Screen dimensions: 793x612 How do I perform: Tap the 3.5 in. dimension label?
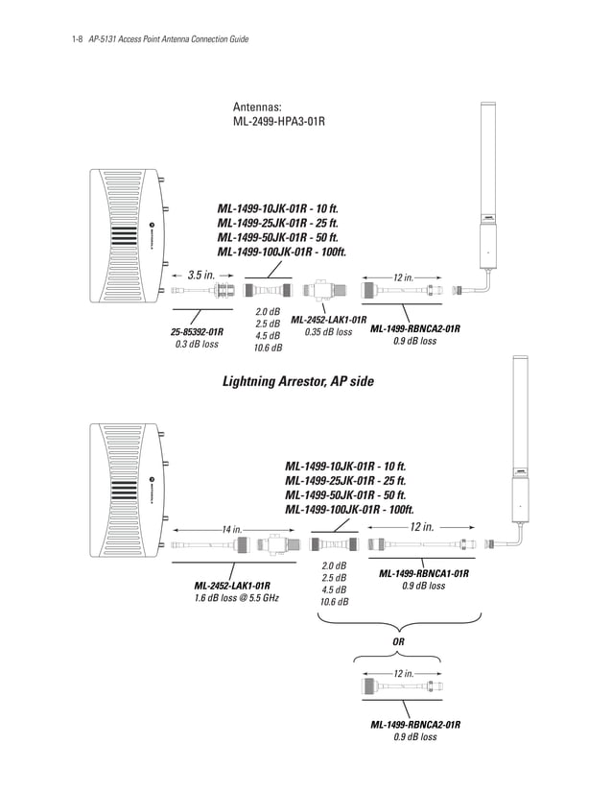click(x=200, y=275)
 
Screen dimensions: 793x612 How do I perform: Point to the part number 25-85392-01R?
click(x=197, y=331)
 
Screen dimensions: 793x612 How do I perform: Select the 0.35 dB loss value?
click(x=328, y=332)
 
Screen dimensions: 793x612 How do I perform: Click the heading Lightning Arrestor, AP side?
click(x=297, y=381)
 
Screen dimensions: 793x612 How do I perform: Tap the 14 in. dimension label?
click(x=231, y=528)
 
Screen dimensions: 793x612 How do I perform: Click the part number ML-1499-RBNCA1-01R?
click(x=423, y=573)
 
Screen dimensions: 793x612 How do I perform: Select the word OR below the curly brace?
click(x=399, y=640)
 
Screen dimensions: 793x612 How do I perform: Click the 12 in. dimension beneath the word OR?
click(x=404, y=674)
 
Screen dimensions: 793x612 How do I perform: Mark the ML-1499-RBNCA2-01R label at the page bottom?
click(x=415, y=724)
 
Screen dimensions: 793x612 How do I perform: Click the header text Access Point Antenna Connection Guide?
click(x=192, y=39)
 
